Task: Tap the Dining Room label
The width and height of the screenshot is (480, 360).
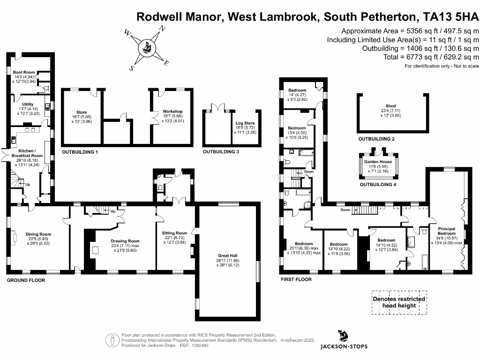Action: (x=38, y=234)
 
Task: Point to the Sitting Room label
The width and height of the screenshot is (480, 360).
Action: (x=174, y=233)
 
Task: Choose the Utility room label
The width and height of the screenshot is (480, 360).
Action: (x=28, y=104)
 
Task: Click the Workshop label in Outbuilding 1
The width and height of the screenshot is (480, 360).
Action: (x=173, y=112)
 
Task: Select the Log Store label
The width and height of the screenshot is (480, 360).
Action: (x=245, y=123)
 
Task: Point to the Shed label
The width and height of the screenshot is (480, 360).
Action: (x=390, y=106)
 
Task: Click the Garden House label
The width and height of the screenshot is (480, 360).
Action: (x=379, y=162)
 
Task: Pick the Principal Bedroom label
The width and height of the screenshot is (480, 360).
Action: (x=446, y=230)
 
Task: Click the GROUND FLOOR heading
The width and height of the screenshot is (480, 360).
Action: (x=26, y=280)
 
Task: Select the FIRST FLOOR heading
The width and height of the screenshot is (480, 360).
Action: (x=296, y=279)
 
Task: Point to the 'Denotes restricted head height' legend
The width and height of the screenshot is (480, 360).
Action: (x=399, y=302)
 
